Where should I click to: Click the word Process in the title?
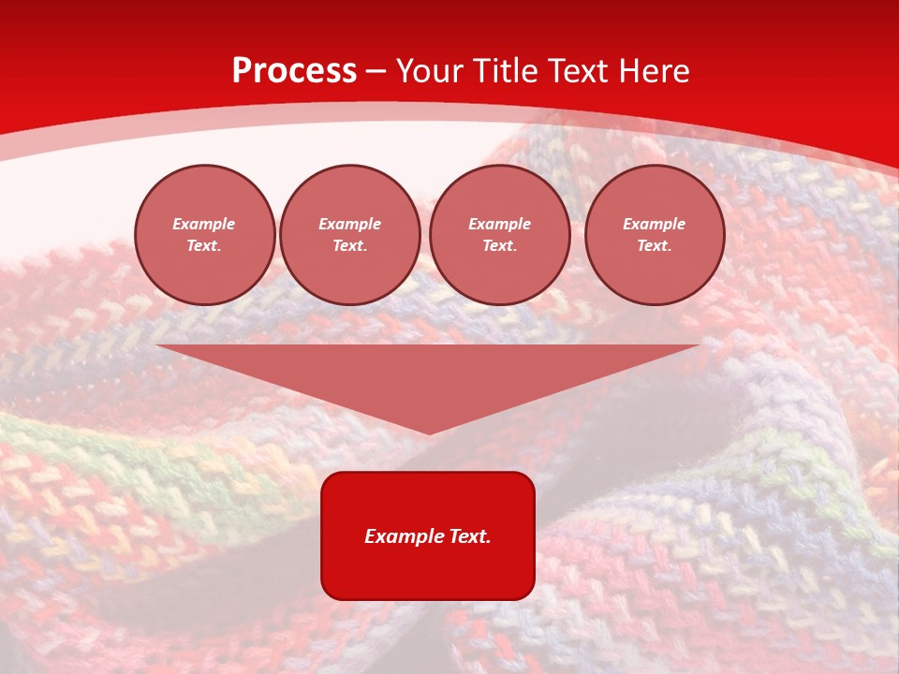[294, 71]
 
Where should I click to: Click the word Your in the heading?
[430, 71]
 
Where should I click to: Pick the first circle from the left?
[205, 235]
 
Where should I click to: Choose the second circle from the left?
[350, 235]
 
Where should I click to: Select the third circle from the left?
[500, 235]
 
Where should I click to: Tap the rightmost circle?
[655, 235]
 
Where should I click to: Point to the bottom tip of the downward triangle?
[429, 433]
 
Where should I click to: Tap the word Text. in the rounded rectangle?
[470, 536]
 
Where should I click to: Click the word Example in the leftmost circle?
[204, 224]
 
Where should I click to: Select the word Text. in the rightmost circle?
[655, 246]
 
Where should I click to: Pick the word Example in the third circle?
[500, 224]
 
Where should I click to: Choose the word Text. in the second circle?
[350, 246]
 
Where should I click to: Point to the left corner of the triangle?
[157, 346]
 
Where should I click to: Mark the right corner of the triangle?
[698, 346]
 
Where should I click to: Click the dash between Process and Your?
[376, 72]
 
